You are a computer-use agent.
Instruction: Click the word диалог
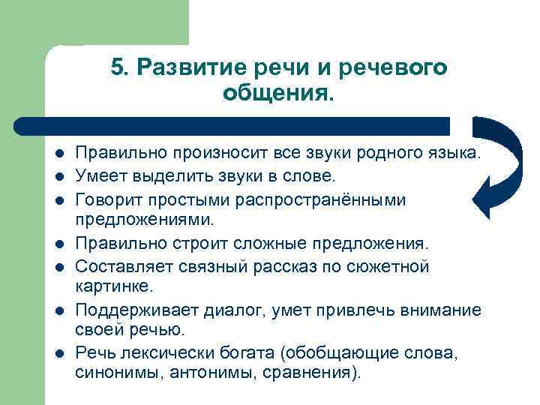click(238, 310)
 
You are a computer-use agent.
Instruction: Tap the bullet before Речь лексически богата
click(58, 353)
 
